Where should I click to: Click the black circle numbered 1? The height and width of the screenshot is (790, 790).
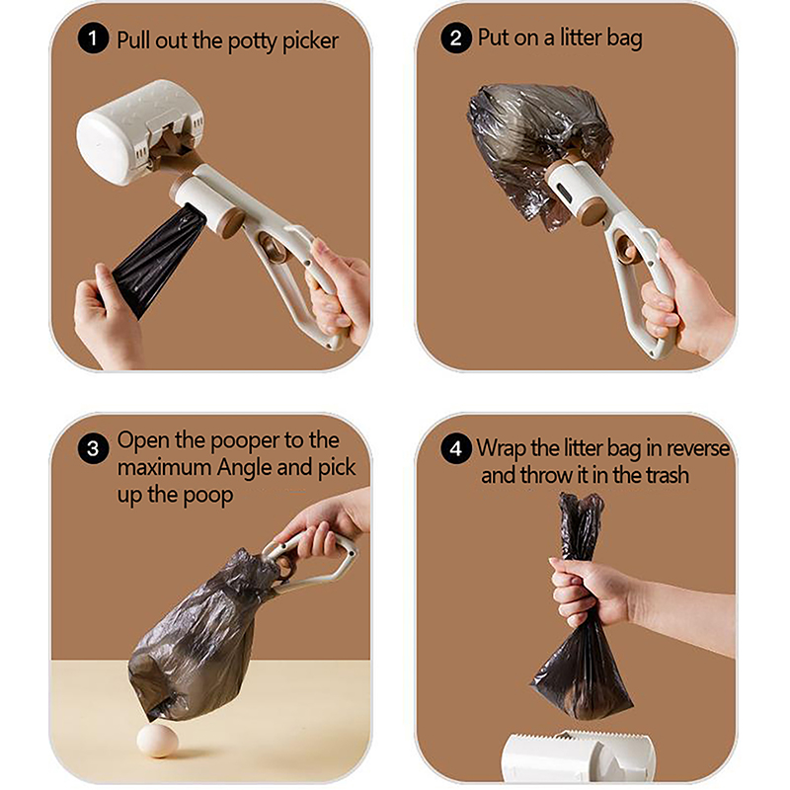(93, 39)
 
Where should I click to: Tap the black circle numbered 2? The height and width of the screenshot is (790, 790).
(456, 38)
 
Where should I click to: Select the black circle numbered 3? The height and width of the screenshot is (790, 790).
(93, 448)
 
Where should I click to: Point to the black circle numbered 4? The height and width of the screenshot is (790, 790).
(456, 448)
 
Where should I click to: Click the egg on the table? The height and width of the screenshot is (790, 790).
(158, 741)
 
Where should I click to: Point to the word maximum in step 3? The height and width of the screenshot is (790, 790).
(165, 468)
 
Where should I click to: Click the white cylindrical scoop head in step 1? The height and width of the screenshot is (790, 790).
(139, 132)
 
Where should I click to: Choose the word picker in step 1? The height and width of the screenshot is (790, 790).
(310, 41)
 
